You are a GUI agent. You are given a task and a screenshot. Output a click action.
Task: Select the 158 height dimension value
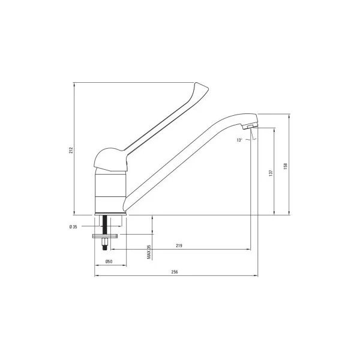(x=286, y=163)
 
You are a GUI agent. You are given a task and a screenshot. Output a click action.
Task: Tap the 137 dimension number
(x=271, y=172)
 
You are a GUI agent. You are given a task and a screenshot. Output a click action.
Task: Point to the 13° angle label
(x=239, y=140)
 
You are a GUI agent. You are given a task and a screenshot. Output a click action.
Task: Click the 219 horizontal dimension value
(x=179, y=245)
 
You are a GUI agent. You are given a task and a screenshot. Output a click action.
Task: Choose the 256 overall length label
(x=175, y=272)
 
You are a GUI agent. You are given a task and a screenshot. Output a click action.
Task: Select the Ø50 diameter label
(x=108, y=261)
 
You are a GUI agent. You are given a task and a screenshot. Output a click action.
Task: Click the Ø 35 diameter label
(x=73, y=226)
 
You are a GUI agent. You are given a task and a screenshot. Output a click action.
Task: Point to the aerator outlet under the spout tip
(x=247, y=127)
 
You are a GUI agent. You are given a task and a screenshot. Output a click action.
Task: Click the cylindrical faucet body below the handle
(x=110, y=192)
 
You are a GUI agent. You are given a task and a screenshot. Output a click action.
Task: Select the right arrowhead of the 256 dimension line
(x=257, y=276)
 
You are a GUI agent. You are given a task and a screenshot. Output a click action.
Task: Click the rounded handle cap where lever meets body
(x=111, y=159)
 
